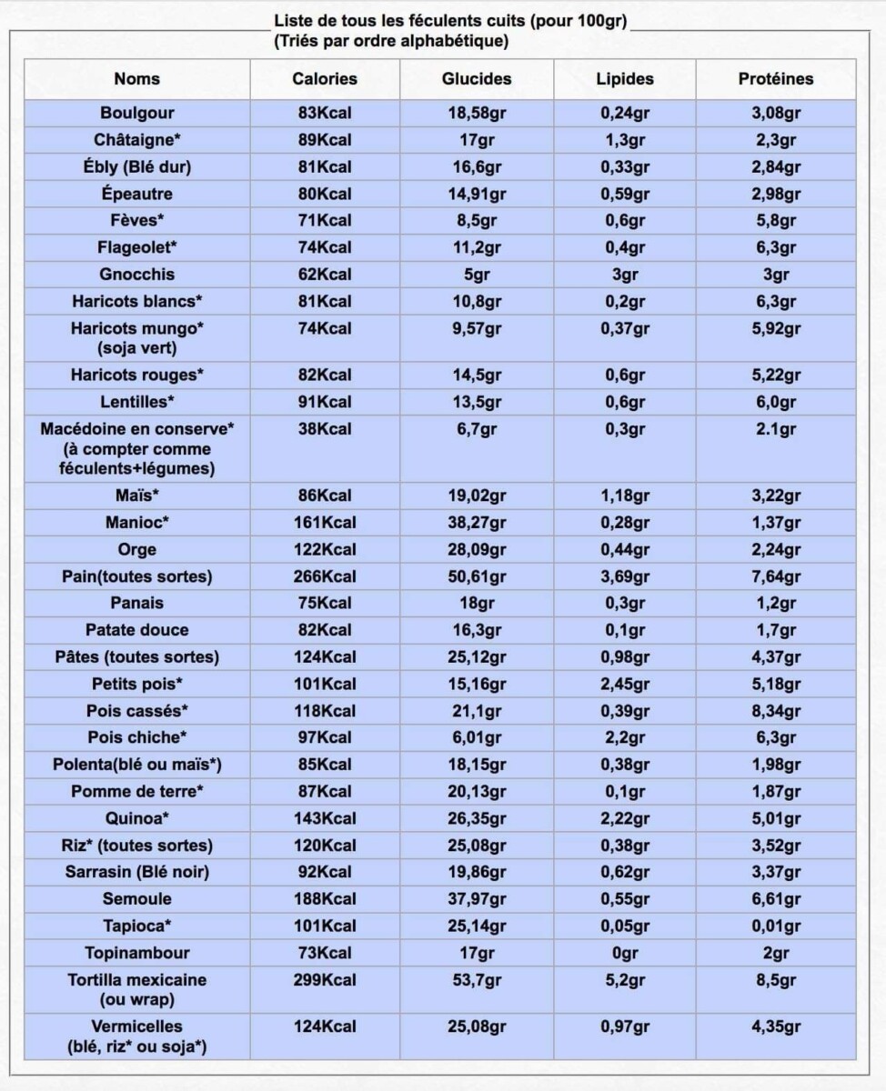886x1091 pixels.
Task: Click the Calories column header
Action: pyautogui.click(x=325, y=79)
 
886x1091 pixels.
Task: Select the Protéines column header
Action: pyautogui.click(x=775, y=79)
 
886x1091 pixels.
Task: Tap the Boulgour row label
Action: pyautogui.click(x=137, y=114)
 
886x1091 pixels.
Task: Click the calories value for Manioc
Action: pyautogui.click(x=325, y=523)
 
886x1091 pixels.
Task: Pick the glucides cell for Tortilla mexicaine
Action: pyautogui.click(x=476, y=980)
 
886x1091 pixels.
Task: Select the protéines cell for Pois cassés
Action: pyautogui.click(x=775, y=710)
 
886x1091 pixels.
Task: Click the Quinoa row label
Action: pyautogui.click(x=137, y=818)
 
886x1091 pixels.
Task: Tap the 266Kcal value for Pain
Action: pyautogui.click(x=325, y=576)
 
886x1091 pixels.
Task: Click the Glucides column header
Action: pyautogui.click(x=476, y=79)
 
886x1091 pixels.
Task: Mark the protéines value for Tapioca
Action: pyautogui.click(x=775, y=926)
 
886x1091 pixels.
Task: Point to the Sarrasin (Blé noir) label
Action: pyautogui.click(x=137, y=873)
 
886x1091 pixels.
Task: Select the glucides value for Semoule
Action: pyautogui.click(x=476, y=899)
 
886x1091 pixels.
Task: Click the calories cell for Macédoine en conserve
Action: pyautogui.click(x=325, y=429)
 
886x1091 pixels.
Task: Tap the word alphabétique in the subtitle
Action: pyautogui.click(x=458, y=42)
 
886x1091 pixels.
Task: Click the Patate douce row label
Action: pyautogui.click(x=137, y=630)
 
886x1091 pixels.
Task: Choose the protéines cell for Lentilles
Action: pyautogui.click(x=775, y=402)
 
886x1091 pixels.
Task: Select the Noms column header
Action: pyautogui.click(x=137, y=79)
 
